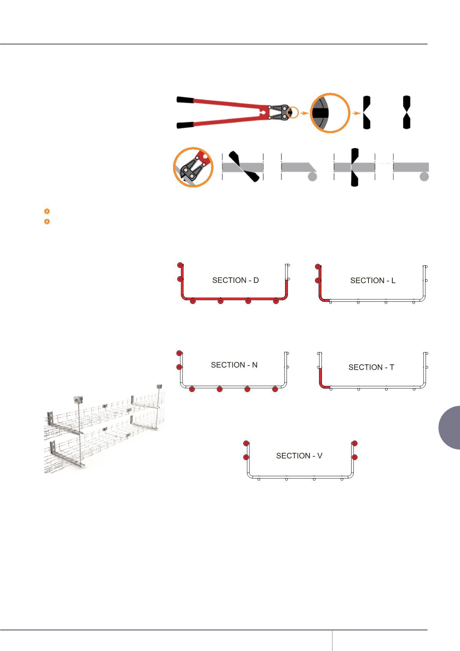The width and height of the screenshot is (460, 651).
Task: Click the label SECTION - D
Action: pyautogui.click(x=235, y=280)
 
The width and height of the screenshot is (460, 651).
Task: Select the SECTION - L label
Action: pyautogui.click(x=373, y=280)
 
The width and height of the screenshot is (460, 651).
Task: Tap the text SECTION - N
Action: pyautogui.click(x=234, y=365)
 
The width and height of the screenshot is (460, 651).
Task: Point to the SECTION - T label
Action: pyautogui.click(x=372, y=367)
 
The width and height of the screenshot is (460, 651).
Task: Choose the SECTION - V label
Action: pyautogui.click(x=299, y=456)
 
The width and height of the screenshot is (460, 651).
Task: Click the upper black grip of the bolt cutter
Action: pyautogui.click(x=185, y=100)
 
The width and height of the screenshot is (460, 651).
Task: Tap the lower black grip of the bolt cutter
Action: pyautogui.click(x=185, y=125)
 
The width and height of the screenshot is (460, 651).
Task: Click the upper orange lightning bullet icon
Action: pyautogui.click(x=47, y=211)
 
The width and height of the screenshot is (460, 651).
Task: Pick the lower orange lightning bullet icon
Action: pyautogui.click(x=47, y=222)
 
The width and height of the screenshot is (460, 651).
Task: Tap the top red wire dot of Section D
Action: pyautogui.click(x=180, y=265)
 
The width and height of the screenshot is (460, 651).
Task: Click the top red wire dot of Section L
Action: pyautogui.click(x=318, y=267)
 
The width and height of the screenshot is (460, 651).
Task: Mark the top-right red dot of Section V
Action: pyautogui.click(x=355, y=443)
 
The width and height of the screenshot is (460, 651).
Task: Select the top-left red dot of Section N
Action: pyautogui.click(x=179, y=353)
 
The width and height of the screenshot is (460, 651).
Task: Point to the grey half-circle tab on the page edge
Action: pyautogui.click(x=449, y=427)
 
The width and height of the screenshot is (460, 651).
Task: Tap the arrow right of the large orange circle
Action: pyautogui.click(x=357, y=113)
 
